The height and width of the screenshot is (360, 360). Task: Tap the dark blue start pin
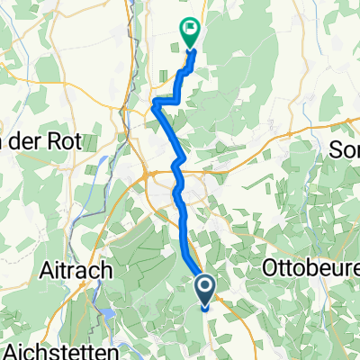pyautogui.click(x=205, y=291)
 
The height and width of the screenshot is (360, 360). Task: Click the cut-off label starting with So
pyautogui.click(x=346, y=148)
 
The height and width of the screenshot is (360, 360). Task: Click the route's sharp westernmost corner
pyautogui.click(x=153, y=104)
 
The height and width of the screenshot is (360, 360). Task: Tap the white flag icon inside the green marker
pyautogui.click(x=190, y=29)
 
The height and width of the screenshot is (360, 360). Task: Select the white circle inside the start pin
pyautogui.click(x=205, y=288)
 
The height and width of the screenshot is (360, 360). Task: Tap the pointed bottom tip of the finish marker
pyautogui.click(x=190, y=47)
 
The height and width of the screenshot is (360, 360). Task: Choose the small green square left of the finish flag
pyautogui.click(x=176, y=40)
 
